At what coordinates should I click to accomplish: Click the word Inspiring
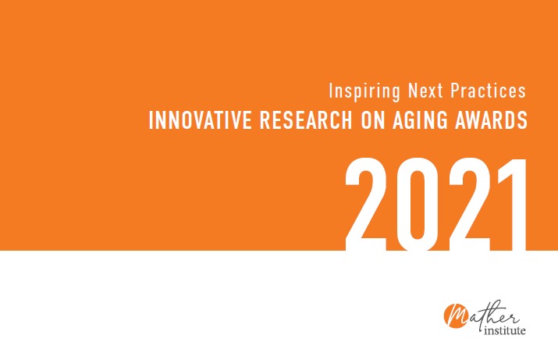coord(364,91)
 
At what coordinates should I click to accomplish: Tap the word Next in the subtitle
coord(425,91)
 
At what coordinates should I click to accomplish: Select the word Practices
coord(489,91)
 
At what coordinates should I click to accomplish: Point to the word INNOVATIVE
coord(200,120)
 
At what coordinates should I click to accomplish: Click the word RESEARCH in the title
coord(306,120)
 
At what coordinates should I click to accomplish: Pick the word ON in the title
coord(373,120)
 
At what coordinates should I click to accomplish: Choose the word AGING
coord(420,120)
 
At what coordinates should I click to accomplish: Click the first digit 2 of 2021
coord(366,204)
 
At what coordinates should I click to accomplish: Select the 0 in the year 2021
coord(418,204)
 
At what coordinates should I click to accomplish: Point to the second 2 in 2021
coord(469,204)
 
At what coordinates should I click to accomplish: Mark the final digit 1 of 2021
coord(513,204)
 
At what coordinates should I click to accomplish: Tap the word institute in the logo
coord(505,330)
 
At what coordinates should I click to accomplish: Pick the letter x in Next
coord(429,93)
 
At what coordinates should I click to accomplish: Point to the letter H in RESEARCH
coord(346,120)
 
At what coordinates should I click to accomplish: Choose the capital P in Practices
coord(456,91)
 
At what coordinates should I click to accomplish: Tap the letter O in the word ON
coord(366,120)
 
